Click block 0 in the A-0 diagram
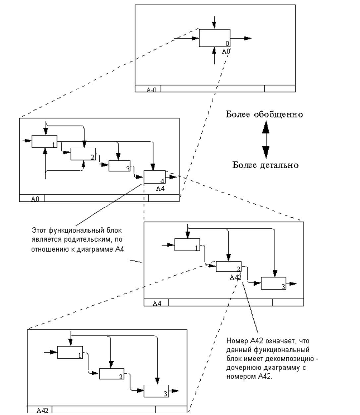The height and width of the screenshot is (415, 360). point(214,38)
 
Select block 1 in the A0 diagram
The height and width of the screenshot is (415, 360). point(44,141)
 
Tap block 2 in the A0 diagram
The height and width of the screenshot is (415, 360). point(83,154)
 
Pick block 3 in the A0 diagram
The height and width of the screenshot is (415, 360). point(119,166)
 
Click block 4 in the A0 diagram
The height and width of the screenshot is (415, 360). point(154,177)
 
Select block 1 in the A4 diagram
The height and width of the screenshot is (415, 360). point(187,245)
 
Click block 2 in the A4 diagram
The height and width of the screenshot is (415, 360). point(228,267)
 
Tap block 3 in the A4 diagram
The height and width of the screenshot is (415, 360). point(273,283)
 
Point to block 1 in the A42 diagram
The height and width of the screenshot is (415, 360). point(70,352)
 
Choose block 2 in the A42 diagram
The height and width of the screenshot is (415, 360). point(111,374)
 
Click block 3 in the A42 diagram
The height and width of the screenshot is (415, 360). point(156,391)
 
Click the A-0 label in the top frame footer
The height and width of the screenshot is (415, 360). point(151,89)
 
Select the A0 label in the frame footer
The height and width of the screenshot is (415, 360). point(35,199)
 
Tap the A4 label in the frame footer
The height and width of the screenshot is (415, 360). point(157,303)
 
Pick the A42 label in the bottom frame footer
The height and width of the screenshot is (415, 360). point(42,410)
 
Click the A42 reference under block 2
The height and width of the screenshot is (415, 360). point(235,277)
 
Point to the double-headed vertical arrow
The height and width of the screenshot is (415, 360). point(266,140)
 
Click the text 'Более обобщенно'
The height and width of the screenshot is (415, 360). point(264,114)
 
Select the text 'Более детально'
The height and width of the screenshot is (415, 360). point(265,165)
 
